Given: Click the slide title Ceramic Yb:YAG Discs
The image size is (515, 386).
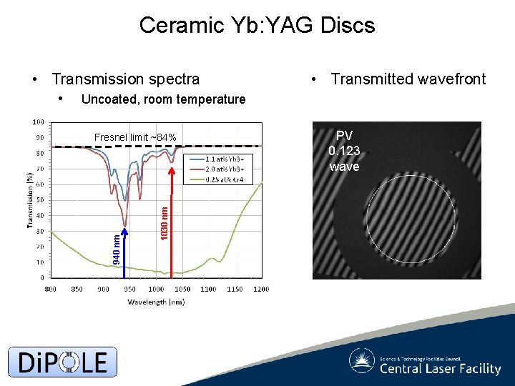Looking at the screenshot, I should (257, 26).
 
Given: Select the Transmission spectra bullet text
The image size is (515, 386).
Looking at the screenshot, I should (126, 79).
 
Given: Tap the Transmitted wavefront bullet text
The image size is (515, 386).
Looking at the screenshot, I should (408, 79).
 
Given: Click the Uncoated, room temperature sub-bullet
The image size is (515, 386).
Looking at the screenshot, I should (163, 99).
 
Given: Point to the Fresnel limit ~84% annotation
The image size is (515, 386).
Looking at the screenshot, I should (135, 137).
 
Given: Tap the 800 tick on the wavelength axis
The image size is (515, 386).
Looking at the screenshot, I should (51, 289).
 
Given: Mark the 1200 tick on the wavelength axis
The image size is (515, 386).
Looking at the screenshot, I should (261, 289).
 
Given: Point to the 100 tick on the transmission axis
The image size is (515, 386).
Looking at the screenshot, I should (36, 122).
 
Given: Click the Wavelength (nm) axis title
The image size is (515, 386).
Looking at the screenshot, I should (156, 302).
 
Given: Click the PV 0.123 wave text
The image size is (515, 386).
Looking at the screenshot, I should (344, 151).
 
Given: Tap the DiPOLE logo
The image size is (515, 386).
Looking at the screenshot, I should (62, 362).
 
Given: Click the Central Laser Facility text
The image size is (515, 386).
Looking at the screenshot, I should (440, 369).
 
